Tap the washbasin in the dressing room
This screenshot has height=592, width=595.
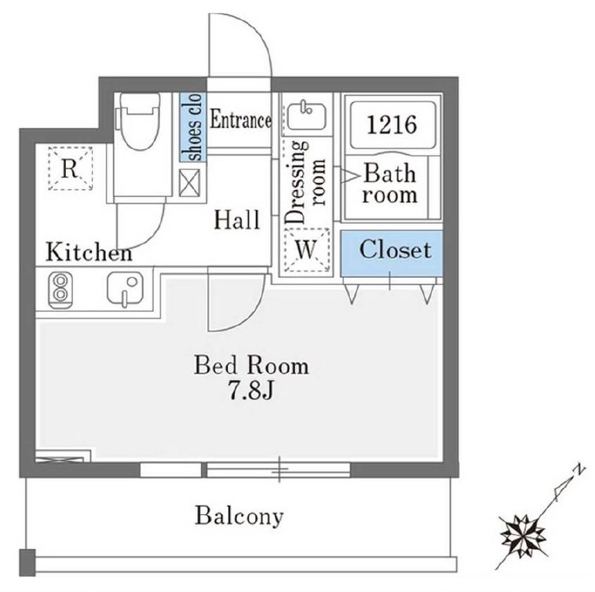coord(306,115)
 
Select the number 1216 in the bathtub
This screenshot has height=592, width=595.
coord(392,125)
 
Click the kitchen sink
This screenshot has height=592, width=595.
coord(126,288)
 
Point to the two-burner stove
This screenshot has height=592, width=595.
coord(60,289)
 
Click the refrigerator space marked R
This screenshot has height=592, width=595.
coord(71,168)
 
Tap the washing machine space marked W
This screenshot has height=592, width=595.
coord(307,250)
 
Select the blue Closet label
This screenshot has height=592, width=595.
coord(396,250)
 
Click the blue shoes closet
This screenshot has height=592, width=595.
coord(193,127)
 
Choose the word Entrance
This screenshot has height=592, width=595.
coord(240,120)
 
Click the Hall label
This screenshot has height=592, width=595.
coord(237,220)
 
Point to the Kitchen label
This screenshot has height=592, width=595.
coord(89,252)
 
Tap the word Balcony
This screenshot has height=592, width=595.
coord(239,517)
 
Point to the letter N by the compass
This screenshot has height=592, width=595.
coord(578,470)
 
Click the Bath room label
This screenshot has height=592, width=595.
coord(389,184)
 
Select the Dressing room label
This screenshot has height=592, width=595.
coord(305,182)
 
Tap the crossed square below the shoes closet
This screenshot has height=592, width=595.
coord(189,183)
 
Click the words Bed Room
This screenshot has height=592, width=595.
coord(251,365)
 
